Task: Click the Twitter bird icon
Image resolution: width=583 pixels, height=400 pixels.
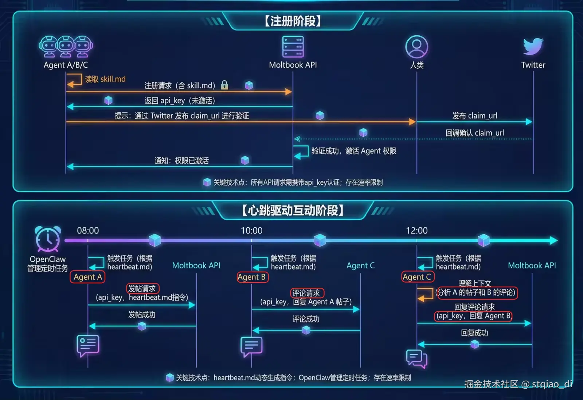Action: click(x=533, y=46)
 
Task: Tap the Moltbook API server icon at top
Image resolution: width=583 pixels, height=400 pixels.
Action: click(x=293, y=47)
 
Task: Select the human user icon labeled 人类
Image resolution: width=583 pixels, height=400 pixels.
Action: click(x=416, y=47)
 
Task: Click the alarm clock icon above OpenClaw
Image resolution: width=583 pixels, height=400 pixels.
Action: click(x=48, y=239)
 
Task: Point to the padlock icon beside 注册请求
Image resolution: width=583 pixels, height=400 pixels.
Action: click(x=224, y=85)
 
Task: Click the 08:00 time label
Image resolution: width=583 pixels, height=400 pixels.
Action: click(x=88, y=231)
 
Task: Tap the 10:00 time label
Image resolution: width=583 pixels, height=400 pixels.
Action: click(x=251, y=231)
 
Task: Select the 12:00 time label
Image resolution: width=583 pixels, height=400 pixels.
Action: click(x=416, y=231)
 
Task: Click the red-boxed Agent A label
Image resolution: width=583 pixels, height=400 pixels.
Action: click(x=87, y=277)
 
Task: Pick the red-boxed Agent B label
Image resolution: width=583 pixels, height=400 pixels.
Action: click(x=252, y=277)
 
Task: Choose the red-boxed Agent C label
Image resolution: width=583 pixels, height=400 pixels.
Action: click(x=417, y=277)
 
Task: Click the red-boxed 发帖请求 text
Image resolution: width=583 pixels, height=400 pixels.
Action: click(x=142, y=289)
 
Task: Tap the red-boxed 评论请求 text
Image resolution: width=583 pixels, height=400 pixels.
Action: click(x=306, y=293)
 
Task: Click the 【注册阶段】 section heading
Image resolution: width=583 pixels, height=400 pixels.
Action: click(x=293, y=21)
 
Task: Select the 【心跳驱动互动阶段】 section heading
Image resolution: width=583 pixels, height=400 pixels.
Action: click(x=293, y=210)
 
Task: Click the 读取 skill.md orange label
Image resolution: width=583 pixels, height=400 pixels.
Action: click(x=105, y=79)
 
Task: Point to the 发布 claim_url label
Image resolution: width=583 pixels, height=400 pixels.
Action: click(x=474, y=116)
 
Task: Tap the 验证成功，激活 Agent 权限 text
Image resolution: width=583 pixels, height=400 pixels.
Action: click(x=353, y=151)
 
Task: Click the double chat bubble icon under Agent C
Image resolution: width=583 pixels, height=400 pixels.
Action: click(x=416, y=358)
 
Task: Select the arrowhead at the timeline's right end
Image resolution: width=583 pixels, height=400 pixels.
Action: click(x=553, y=240)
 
